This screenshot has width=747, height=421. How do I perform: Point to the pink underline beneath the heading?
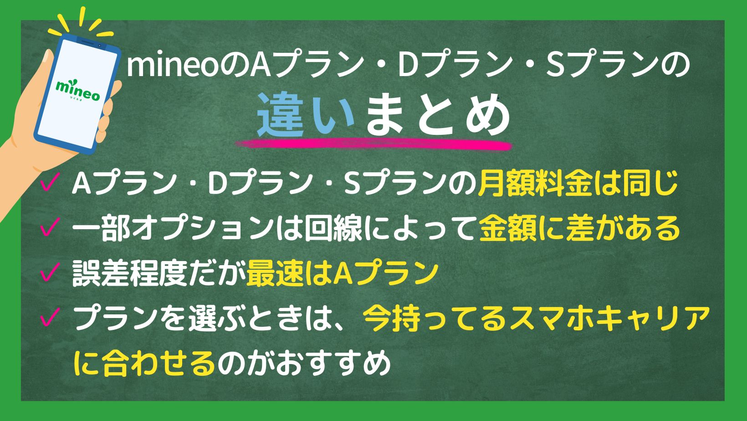coord(373,145)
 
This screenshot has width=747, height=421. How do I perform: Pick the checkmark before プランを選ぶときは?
coord(50,317)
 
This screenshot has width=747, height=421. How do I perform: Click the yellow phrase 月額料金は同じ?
coord(578,184)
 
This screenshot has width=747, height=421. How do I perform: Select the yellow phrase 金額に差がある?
coord(579,229)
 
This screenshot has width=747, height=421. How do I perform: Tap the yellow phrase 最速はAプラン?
coord(342,274)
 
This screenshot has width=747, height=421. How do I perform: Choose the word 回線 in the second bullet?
coord(333,229)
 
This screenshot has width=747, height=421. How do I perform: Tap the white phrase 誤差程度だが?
coord(159,274)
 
